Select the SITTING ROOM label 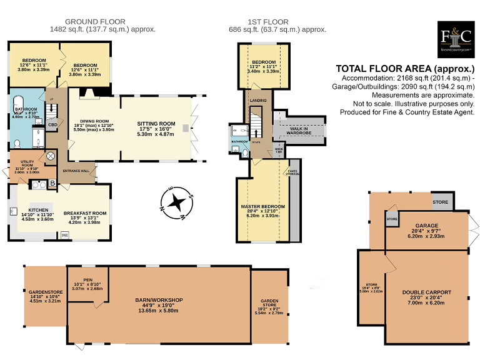(x=156, y=124)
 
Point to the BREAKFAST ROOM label (x=87, y=213)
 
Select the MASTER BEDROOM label (x=262, y=206)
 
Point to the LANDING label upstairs (x=259, y=100)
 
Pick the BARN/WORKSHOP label (x=159, y=300)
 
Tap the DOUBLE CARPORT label (x=427, y=292)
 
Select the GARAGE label (x=427, y=225)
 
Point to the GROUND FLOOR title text (x=102, y=21)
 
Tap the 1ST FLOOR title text (x=276, y=21)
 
